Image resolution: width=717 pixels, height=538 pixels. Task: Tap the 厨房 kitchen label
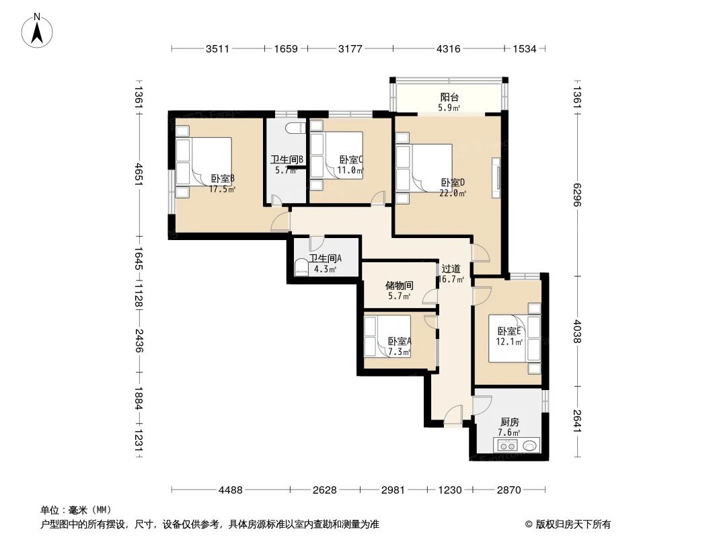(509, 427)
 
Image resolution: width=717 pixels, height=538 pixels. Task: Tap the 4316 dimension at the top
(448, 48)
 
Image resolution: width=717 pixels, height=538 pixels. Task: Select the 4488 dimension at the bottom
(230, 490)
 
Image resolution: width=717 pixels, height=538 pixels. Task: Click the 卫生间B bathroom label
(287, 165)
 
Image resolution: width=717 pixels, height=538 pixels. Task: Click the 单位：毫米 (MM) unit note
(75, 510)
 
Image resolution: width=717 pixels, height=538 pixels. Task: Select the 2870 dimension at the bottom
(508, 490)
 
